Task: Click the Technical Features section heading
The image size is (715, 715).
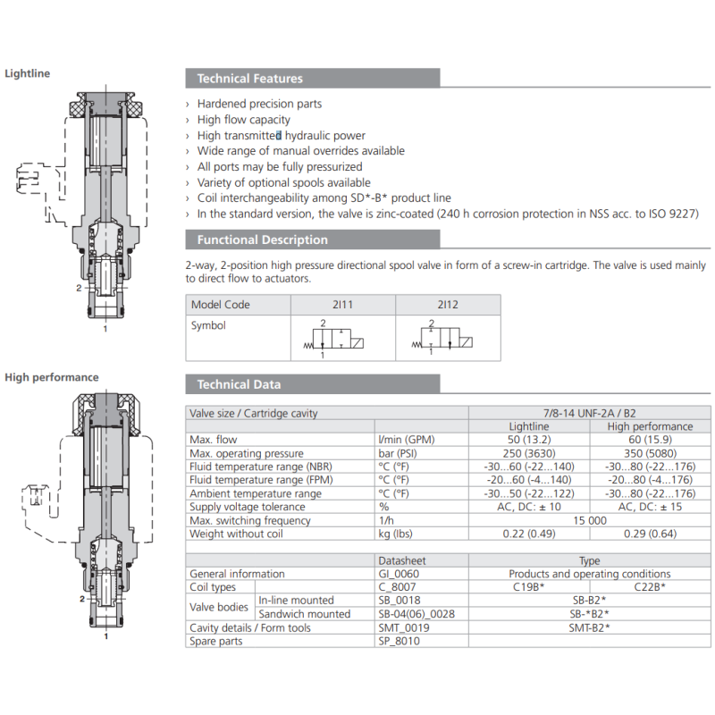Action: click(x=249, y=79)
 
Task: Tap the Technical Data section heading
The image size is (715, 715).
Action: click(x=239, y=384)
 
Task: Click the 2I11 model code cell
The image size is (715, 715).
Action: click(x=343, y=305)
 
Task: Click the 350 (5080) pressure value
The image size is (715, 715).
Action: click(x=650, y=453)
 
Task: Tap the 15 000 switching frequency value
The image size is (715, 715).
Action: click(x=590, y=520)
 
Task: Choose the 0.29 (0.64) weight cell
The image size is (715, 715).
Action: click(x=650, y=534)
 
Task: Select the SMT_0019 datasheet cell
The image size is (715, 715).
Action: click(x=403, y=627)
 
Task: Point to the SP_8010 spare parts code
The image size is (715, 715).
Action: click(x=398, y=641)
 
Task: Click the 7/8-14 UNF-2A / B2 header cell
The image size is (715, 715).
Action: click(x=590, y=413)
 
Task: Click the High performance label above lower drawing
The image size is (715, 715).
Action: click(x=52, y=377)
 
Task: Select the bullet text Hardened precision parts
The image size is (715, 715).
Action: click(x=259, y=104)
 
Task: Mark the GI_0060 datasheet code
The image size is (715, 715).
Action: click(x=399, y=574)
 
